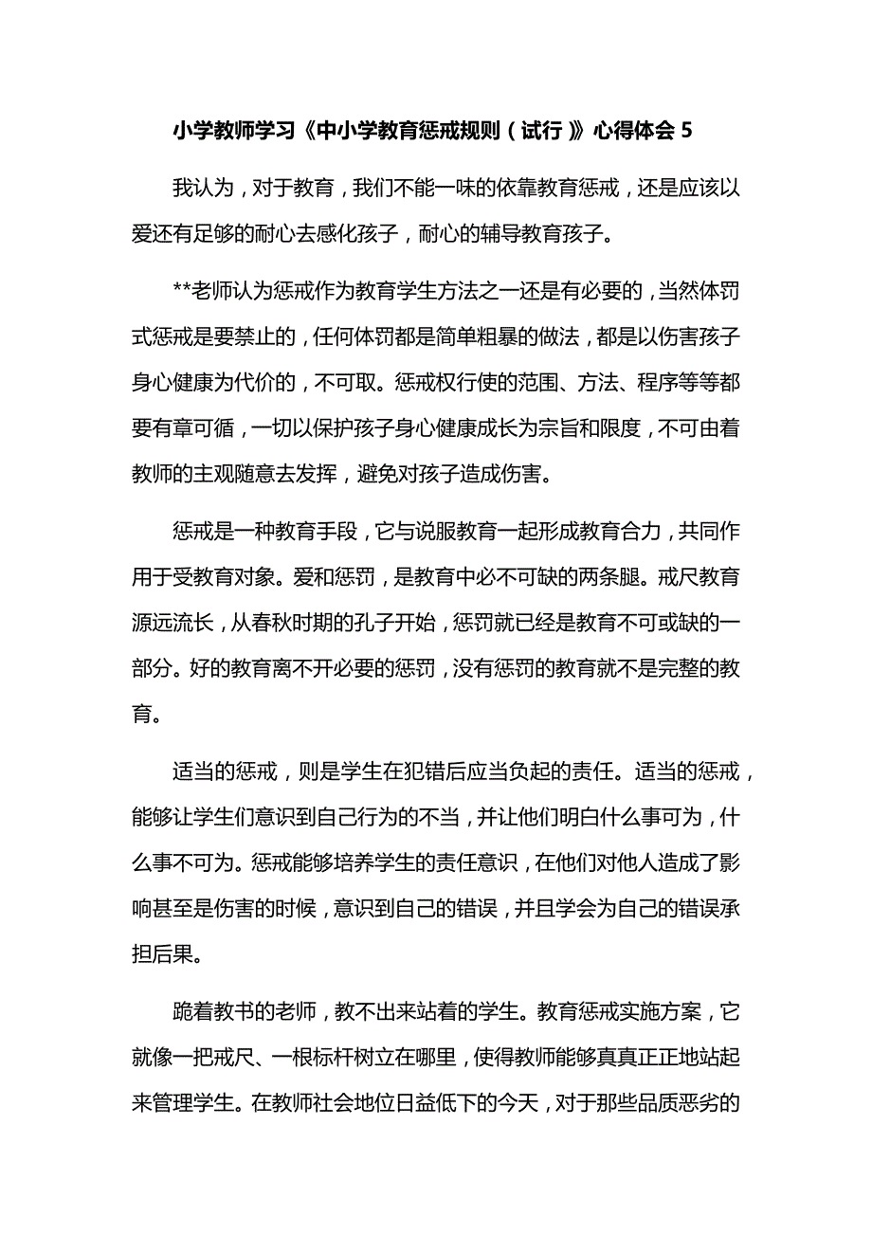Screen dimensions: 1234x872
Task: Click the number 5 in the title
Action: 686,132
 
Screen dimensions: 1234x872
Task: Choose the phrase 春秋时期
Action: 312,623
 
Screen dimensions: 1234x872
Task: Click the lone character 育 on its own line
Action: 143,715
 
